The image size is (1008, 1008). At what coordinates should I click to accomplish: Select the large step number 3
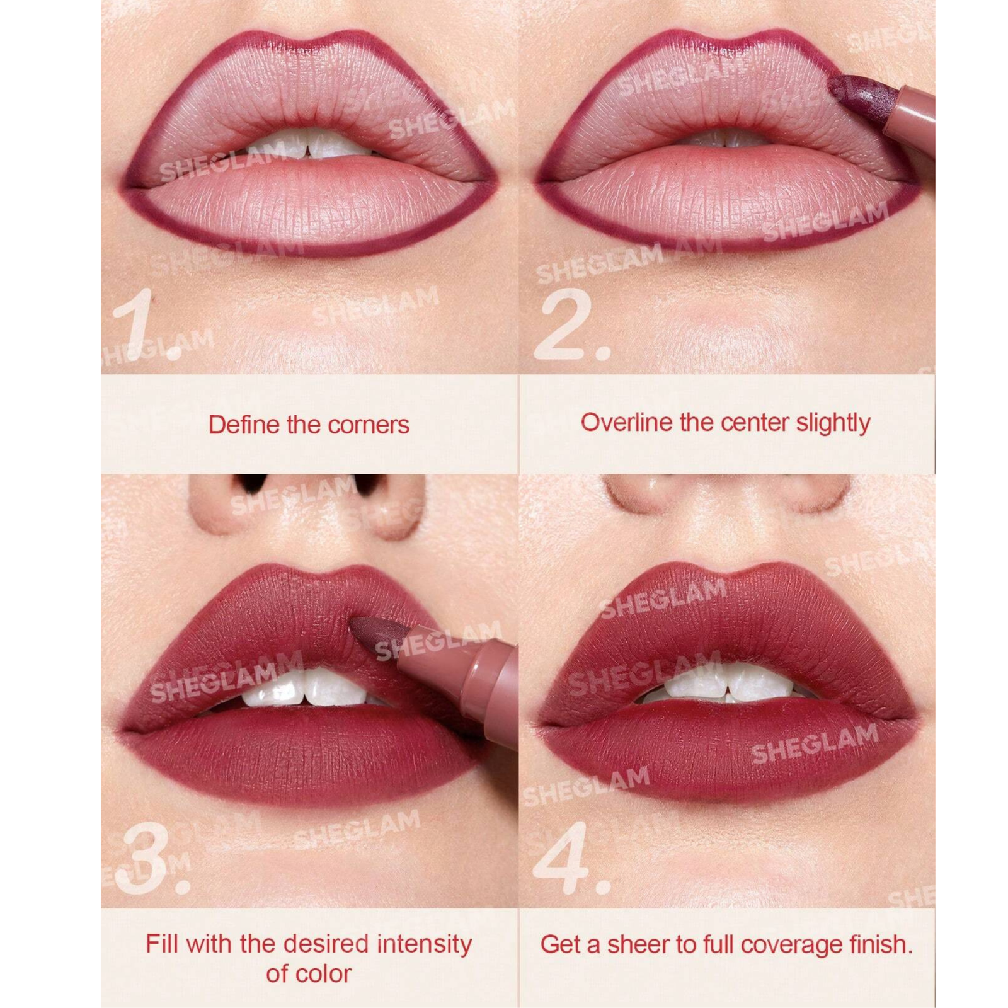coord(151,857)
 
